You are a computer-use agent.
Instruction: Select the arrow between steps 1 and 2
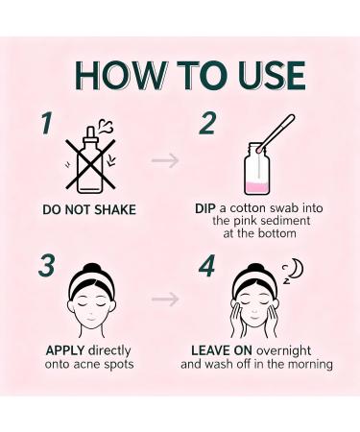(x=165, y=159)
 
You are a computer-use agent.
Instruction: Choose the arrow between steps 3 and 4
(x=165, y=299)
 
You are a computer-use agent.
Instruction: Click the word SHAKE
(x=112, y=209)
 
